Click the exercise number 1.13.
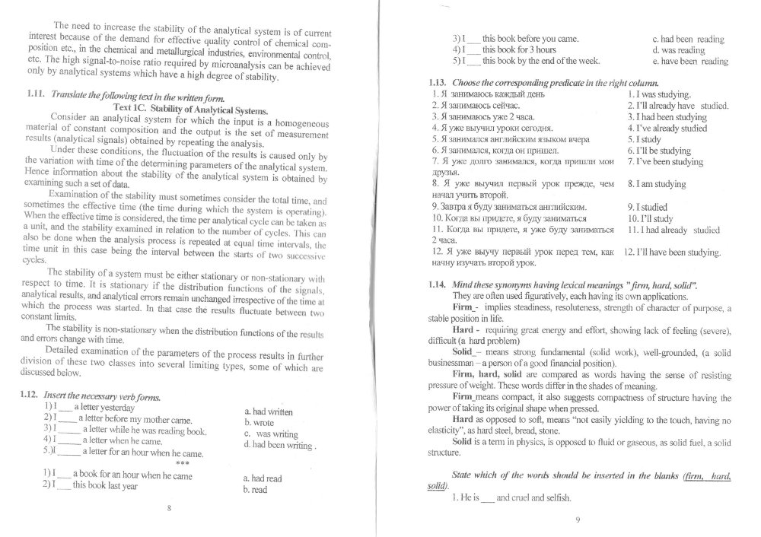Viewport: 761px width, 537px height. point(440,82)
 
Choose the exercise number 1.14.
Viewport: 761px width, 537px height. point(440,284)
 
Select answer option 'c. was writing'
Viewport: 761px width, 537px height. point(271,434)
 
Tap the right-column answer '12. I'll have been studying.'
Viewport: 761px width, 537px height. point(673,252)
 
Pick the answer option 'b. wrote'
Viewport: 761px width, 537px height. point(255,422)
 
